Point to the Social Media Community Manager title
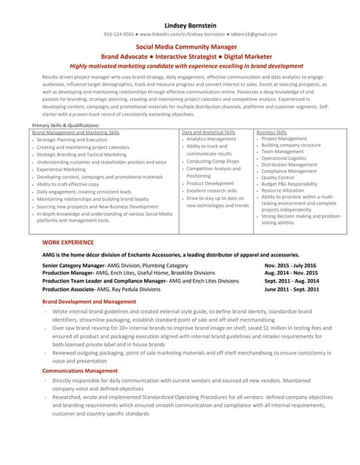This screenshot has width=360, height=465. (x=180, y=46)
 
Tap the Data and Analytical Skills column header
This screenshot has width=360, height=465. (x=209, y=132)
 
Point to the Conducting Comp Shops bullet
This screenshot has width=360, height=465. (x=215, y=161)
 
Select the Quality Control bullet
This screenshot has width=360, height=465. (x=278, y=177)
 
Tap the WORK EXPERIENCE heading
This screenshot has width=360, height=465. (x=68, y=240)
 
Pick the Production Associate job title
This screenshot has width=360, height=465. (x=73, y=289)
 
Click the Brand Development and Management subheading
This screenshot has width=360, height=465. (x=89, y=301)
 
